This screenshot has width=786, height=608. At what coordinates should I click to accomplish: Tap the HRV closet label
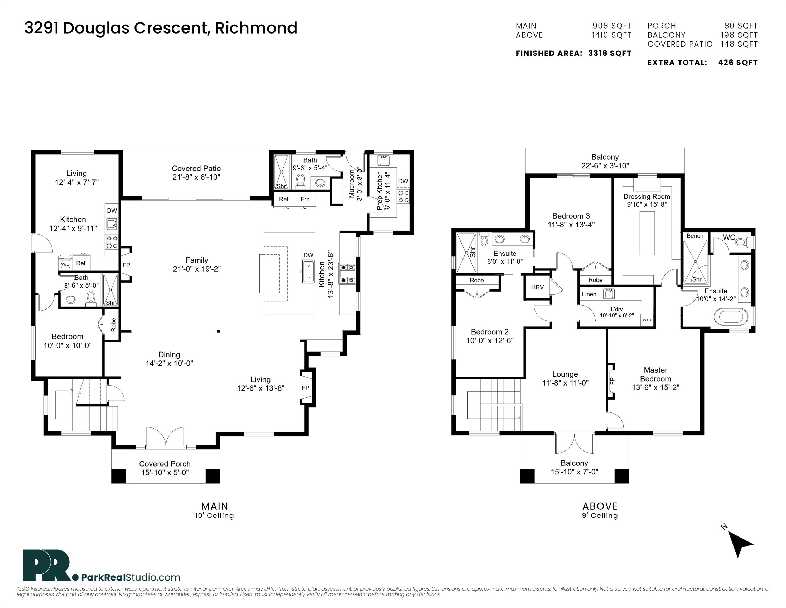537,287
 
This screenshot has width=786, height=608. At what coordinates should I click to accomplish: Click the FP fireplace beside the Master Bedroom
611,381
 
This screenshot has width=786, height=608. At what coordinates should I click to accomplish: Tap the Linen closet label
589,294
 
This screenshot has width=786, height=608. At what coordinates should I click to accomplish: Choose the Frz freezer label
305,199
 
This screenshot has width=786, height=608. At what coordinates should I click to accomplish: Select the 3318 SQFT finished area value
610,53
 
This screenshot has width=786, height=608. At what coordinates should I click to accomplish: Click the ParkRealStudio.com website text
131,577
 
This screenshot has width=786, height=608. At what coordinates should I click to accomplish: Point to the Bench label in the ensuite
695,236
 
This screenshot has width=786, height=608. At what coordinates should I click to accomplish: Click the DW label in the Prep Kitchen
403,181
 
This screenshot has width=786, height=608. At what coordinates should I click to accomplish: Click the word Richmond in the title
256,28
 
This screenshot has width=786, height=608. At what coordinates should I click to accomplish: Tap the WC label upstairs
729,237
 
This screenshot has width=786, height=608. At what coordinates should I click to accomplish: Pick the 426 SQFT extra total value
738,63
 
